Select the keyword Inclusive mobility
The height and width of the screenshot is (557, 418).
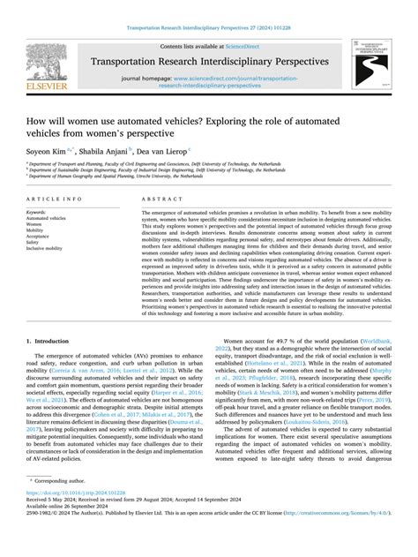click(x=49, y=249)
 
